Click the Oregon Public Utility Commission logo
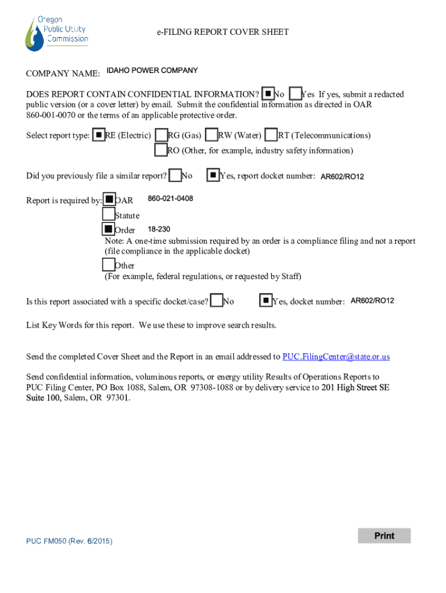coord(56,33)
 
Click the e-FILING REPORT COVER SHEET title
coord(222,32)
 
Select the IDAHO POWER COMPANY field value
coord(152,71)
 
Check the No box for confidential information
coord(268,93)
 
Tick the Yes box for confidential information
coord(295,93)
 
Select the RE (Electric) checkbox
coord(99,135)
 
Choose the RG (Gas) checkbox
coord(162,135)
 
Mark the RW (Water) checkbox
coord(212,135)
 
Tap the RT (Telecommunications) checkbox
coord(271,135)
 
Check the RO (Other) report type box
coord(161,150)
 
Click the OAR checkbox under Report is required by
coord(109,200)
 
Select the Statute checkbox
coord(108,215)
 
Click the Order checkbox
coord(108,230)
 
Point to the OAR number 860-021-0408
coord(170,199)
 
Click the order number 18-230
coord(159,229)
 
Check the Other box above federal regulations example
coord(108,265)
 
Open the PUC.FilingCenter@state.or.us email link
coord(336,357)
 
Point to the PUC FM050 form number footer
coord(69,541)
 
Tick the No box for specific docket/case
coord(217,301)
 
